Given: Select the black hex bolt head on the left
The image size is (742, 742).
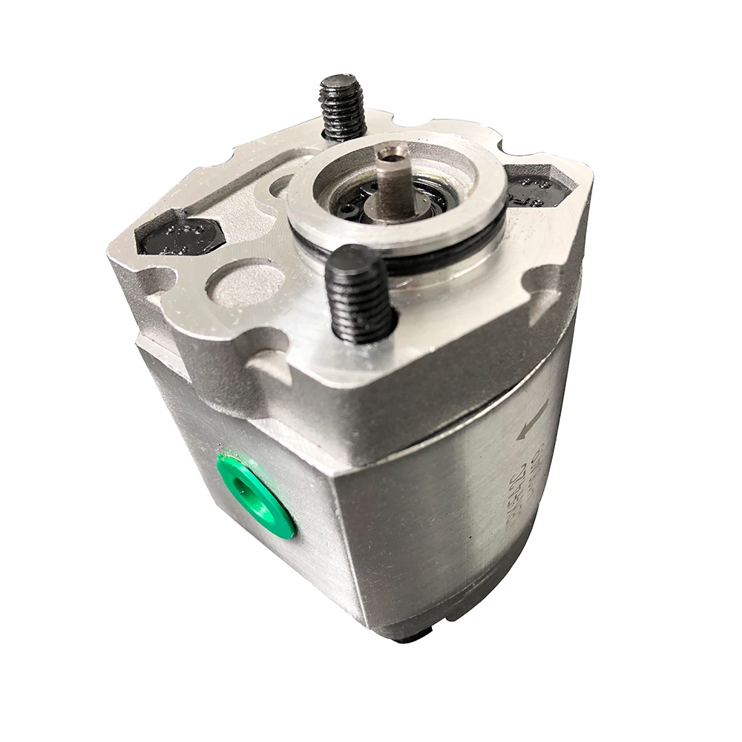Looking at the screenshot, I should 181,237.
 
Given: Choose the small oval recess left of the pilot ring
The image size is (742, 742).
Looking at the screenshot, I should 282,185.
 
